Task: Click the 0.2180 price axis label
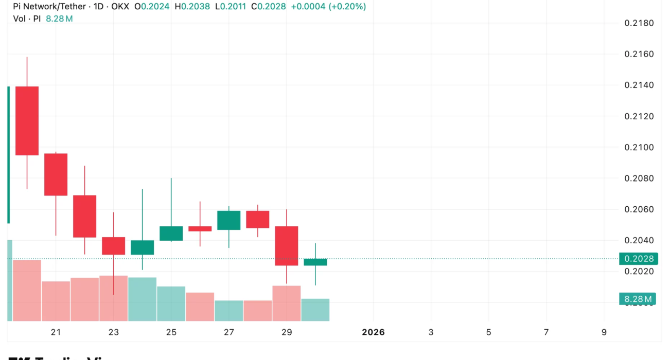coord(639,23)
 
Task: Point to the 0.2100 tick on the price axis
coord(639,148)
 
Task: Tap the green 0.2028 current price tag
coord(639,259)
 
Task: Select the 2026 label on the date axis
coord(373,332)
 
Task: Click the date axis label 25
coord(171,332)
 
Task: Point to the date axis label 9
coord(604,332)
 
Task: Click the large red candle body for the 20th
coord(27,120)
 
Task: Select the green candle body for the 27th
coord(229,220)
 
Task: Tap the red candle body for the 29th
coord(287,246)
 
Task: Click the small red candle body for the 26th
coord(200,228)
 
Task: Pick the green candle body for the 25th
coord(171,233)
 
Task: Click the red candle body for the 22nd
coord(84,216)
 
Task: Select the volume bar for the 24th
coord(142,299)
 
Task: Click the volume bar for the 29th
coord(287,303)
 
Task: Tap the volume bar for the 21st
coord(56,301)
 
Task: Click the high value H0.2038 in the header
coord(196,7)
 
